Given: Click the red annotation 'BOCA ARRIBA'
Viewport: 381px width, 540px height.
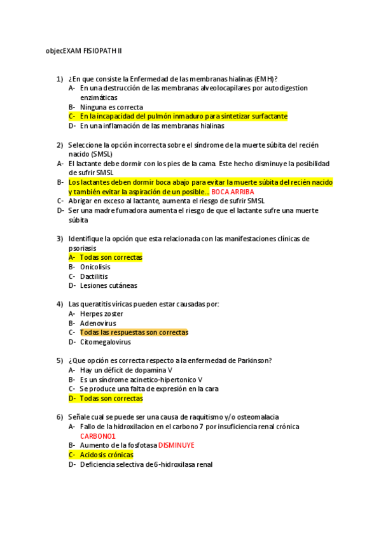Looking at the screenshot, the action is pos(233,192).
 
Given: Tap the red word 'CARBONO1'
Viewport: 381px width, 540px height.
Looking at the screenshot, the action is pos(97,436).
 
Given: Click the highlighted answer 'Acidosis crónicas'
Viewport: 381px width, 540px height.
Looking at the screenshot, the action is pos(106,455).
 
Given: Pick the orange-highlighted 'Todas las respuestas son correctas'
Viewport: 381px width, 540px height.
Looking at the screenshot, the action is pos(134,332).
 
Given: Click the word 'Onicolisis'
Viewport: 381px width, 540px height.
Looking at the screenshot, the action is pos(95,267).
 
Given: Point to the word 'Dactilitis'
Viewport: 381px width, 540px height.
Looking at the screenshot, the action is pos(94,276).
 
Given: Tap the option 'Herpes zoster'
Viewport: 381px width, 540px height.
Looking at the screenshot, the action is pos(102,313).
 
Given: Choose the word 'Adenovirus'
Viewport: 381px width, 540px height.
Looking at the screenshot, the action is pos(98,323).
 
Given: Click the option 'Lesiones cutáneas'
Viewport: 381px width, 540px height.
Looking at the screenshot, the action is pos(109,286).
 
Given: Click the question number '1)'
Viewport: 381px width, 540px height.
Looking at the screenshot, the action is pos(60,79).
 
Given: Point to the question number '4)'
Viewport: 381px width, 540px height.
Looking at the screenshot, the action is pos(60,304).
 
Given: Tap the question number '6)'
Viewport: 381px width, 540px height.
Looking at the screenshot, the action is pos(60,417).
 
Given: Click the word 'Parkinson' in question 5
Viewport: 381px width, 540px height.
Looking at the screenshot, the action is pos(254,360).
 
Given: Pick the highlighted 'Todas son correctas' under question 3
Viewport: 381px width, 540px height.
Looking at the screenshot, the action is pos(111,257).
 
